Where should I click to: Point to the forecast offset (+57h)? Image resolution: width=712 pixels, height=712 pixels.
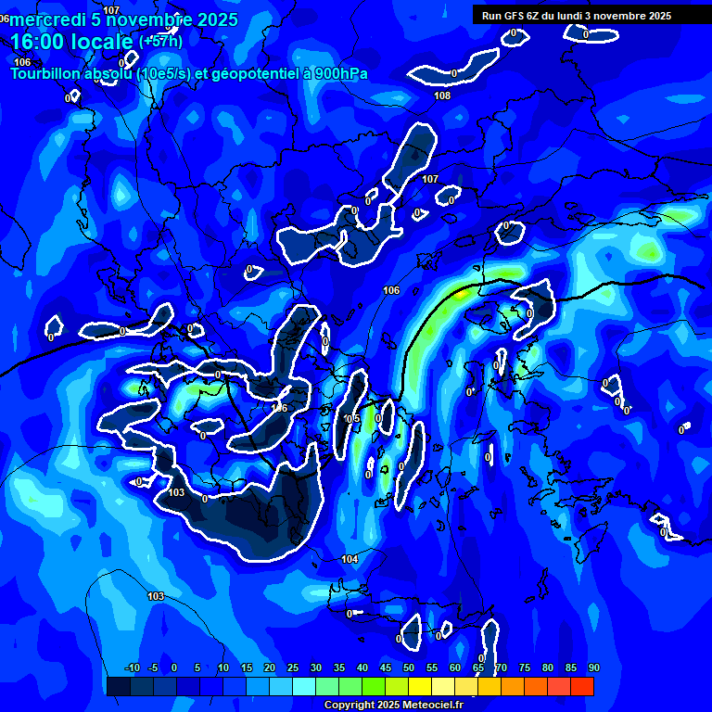161,41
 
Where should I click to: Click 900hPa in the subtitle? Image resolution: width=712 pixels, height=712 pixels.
339,73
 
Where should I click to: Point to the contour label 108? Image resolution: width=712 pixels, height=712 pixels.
442,95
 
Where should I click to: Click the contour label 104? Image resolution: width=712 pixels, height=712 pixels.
350,559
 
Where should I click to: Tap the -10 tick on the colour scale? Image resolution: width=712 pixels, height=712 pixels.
131,667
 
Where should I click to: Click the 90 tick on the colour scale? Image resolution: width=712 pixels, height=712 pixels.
593,667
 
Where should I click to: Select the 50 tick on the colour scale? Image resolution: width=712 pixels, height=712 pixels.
409,667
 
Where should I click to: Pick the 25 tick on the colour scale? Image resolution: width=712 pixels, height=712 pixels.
293,667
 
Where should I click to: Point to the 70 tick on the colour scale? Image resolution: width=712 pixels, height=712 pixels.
501,667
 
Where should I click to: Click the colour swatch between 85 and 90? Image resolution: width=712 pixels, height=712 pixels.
582,686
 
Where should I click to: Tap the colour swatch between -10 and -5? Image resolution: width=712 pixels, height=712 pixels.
141,686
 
